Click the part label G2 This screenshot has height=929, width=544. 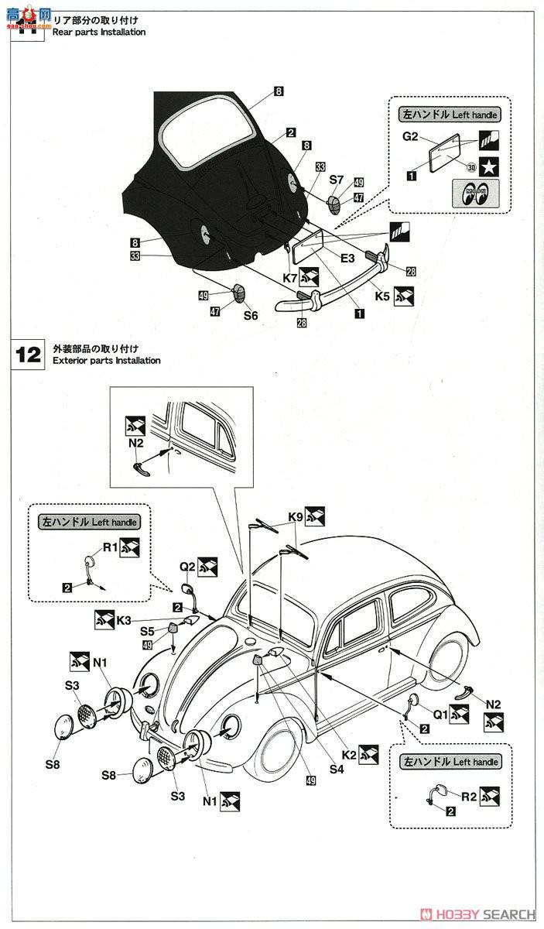tap(410, 137)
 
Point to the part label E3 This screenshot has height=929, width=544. tap(346, 258)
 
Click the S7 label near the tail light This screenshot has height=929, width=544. tap(336, 180)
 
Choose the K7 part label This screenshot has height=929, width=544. tap(291, 276)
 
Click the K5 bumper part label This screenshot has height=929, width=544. tap(381, 296)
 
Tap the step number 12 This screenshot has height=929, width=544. tap(29, 355)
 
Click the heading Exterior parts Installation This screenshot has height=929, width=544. tap(107, 361)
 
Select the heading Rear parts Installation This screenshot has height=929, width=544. tap(98, 33)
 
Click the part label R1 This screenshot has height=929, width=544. tap(111, 547)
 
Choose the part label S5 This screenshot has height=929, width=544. tap(148, 631)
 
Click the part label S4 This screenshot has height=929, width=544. tap(336, 769)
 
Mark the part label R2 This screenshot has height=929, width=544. tap(469, 794)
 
